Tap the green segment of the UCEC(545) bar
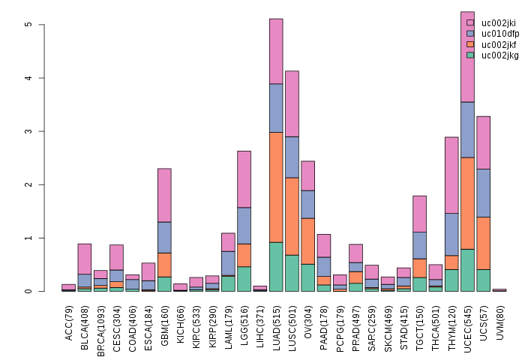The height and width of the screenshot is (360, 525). tap(467, 270)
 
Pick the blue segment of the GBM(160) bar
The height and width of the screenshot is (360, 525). tap(164, 237)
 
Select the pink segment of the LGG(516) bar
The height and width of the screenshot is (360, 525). tap(244, 179)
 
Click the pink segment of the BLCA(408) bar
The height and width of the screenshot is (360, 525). tap(85, 259)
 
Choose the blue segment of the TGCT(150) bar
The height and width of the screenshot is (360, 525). tap(419, 245)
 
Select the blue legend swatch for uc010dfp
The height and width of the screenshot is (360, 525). tap(470, 34)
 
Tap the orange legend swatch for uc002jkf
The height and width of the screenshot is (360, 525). tap(470, 44)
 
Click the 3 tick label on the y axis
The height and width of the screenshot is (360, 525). tap(28, 131)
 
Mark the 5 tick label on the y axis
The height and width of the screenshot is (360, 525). tap(28, 25)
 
